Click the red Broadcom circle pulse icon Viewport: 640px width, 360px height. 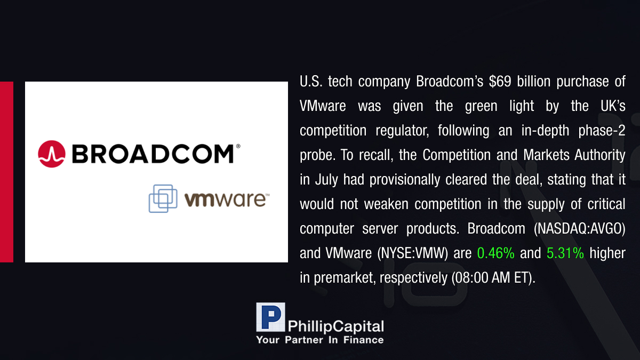[x=52, y=154]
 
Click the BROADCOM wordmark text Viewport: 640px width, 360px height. [x=153, y=154]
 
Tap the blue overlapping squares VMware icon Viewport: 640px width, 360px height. [x=163, y=198]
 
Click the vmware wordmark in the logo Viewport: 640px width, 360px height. [x=227, y=199]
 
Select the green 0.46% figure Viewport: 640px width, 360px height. [x=495, y=253]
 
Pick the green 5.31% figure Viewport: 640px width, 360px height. [x=565, y=253]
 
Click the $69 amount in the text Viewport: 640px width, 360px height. [x=500, y=82]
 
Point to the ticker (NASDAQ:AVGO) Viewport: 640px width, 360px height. [x=579, y=229]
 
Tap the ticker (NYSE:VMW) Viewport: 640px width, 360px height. [x=413, y=253]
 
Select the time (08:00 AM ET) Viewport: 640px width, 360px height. [x=493, y=278]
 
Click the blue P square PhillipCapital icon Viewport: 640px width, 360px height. [x=270, y=317]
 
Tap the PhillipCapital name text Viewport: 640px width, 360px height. [x=335, y=326]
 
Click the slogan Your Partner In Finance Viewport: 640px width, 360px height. [x=320, y=340]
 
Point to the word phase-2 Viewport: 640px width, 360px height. [x=602, y=131]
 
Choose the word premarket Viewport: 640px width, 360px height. [x=345, y=278]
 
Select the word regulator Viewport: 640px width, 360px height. [x=402, y=131]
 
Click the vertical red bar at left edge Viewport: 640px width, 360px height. [x=6, y=172]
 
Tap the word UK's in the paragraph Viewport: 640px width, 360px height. [x=613, y=106]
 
